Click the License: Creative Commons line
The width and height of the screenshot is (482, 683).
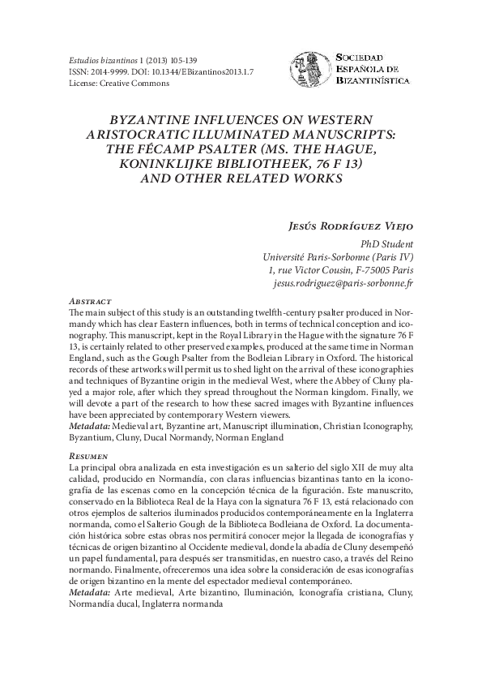[109, 83]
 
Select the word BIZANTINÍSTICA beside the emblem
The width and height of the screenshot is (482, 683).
[373, 80]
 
